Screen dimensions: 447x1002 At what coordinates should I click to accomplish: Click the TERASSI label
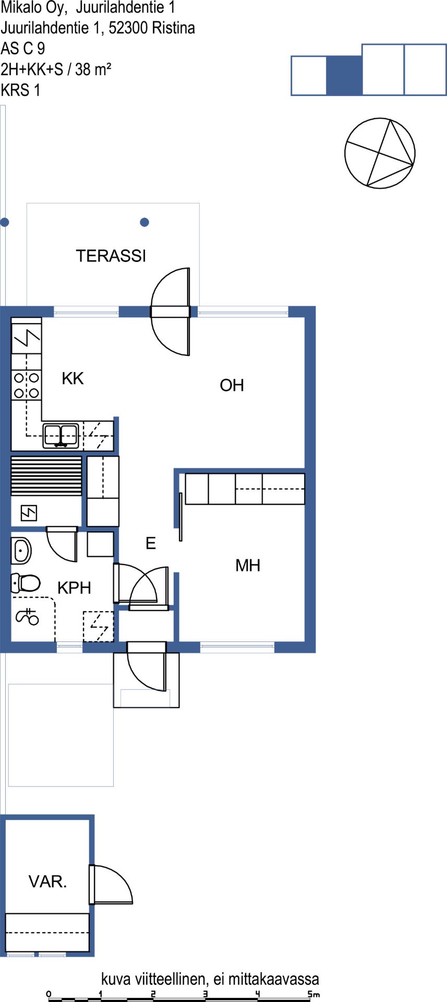(111, 256)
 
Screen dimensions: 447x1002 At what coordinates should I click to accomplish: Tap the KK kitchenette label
(73, 378)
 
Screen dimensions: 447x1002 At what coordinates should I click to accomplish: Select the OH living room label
(232, 385)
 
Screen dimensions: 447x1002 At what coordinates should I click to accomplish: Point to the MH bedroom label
(248, 565)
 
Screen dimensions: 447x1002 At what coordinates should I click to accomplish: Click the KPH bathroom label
(74, 588)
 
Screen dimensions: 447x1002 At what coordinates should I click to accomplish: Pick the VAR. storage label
(47, 881)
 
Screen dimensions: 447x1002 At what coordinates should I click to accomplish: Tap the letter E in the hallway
(151, 543)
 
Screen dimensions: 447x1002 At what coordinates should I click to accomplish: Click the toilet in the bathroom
(26, 582)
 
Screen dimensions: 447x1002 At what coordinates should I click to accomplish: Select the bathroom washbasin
(21, 550)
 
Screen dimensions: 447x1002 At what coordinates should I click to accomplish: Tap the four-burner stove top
(27, 385)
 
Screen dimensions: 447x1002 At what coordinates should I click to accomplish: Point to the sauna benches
(46, 476)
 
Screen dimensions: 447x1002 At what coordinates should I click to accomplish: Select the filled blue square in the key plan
(344, 75)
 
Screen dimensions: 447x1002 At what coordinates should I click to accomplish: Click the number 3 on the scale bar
(206, 994)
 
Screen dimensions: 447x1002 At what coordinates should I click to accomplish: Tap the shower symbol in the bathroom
(28, 616)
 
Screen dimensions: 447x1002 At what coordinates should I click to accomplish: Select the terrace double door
(170, 312)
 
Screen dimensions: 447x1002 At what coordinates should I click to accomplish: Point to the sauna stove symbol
(29, 514)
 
